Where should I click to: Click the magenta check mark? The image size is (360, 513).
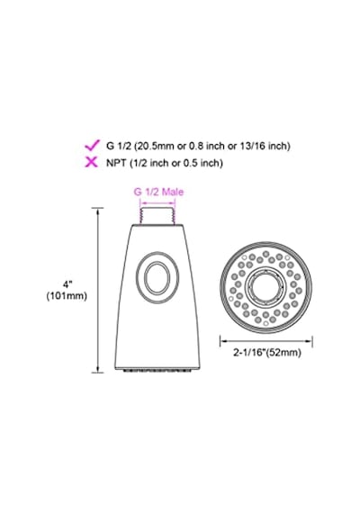point(92,145)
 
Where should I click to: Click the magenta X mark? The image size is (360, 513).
point(91,162)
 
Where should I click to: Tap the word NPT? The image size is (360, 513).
point(116,162)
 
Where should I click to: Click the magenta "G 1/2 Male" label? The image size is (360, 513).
point(158,192)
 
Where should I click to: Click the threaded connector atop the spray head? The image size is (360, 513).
point(158,216)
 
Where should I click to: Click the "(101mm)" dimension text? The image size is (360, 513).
point(67,296)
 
